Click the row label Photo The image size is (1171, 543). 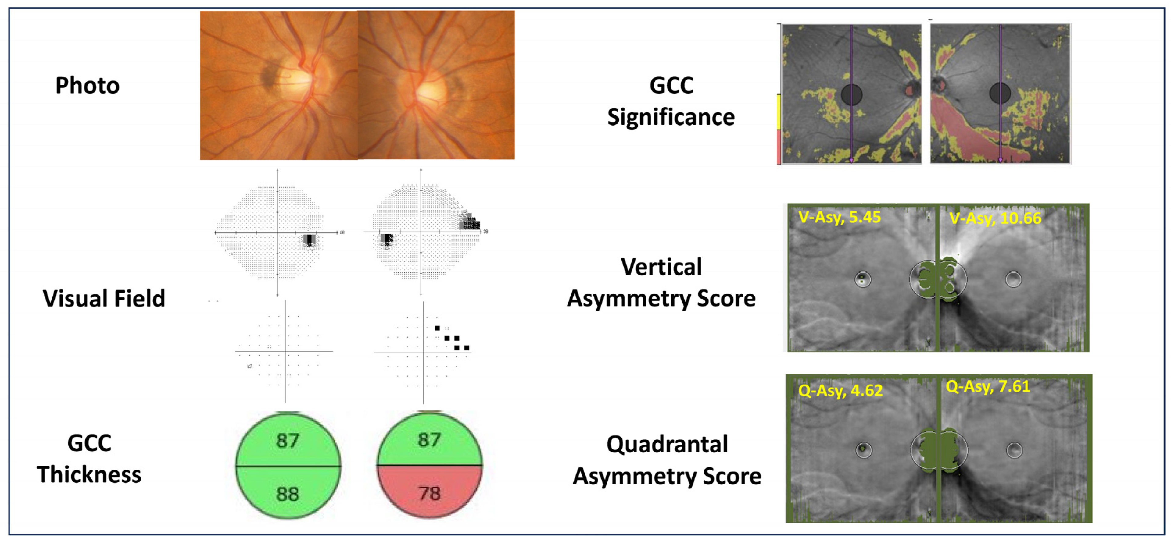click(87, 85)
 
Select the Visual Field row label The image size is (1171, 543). click(104, 299)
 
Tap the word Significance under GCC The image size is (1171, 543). click(671, 117)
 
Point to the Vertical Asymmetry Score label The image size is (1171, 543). click(661, 283)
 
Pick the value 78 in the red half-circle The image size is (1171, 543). click(429, 493)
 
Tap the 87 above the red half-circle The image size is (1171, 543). click(429, 439)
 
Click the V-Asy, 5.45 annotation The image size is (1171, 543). click(840, 217)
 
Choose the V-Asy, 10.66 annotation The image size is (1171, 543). click(995, 218)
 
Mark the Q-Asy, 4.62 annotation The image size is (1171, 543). click(840, 391)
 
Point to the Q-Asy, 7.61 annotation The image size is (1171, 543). click(988, 387)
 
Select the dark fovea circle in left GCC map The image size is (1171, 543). click(851, 94)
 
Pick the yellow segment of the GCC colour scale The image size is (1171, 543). click(779, 112)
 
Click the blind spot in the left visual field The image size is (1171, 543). click(310, 240)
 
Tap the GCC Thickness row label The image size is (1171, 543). click(89, 459)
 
